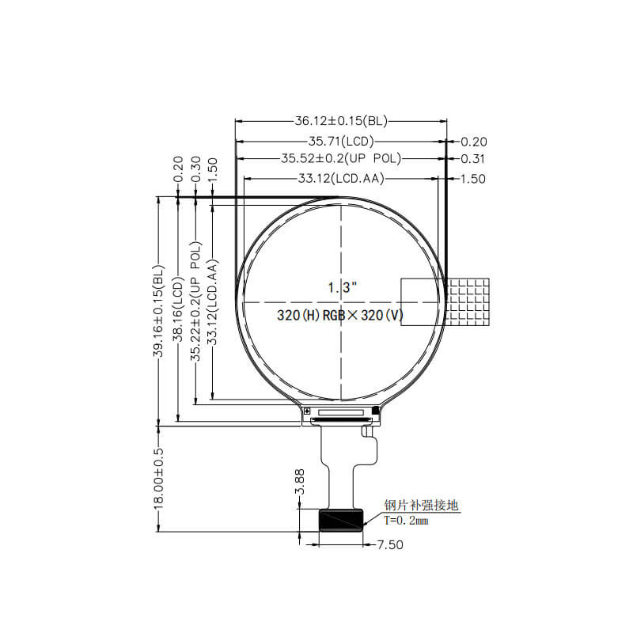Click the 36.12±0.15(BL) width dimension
pos(340,121)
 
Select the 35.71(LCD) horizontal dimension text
pos(340,142)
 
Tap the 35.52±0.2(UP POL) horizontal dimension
pos(341,159)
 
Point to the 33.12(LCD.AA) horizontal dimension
pos(341,179)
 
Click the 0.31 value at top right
pos(473,159)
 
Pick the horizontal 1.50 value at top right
pos(473,179)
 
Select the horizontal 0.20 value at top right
pos(473,142)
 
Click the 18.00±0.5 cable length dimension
pos(158,479)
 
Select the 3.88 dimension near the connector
pos(299,482)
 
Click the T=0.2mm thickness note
pos(406,521)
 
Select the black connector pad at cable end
pos(341,520)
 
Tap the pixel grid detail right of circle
pos(468,301)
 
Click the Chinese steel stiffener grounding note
pos(421,506)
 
